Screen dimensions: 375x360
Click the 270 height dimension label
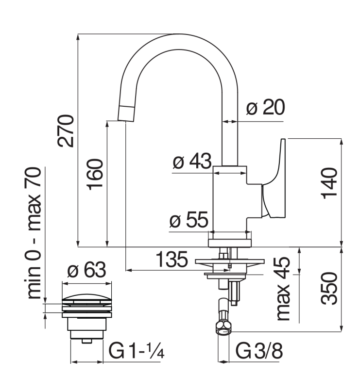(x=65, y=130)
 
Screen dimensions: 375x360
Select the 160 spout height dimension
(x=96, y=174)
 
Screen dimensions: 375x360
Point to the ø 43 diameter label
(x=193, y=161)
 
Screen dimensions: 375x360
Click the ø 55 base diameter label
(x=189, y=221)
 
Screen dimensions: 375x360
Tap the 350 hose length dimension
(x=330, y=288)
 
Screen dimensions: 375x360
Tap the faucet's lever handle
(x=274, y=179)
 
